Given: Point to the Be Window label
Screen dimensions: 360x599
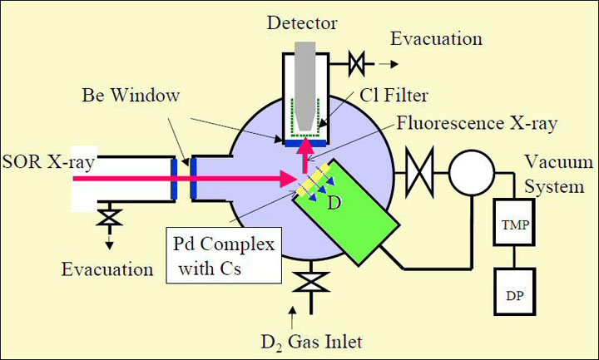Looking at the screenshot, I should tap(131, 96).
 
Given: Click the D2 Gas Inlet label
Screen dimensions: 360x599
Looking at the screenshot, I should tap(313, 341).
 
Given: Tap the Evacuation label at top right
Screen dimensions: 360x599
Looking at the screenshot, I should tap(437, 39).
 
